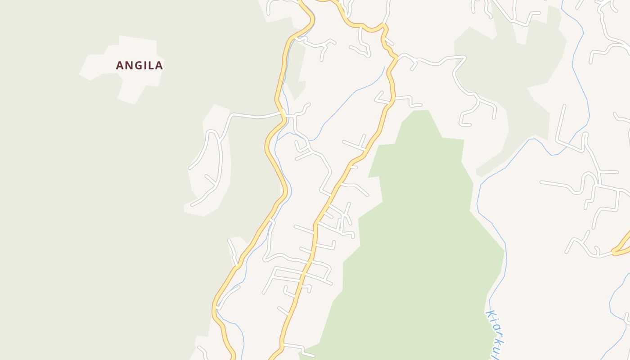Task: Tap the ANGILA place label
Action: click(x=139, y=66)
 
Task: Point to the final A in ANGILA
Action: click(x=158, y=66)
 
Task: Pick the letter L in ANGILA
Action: click(x=151, y=66)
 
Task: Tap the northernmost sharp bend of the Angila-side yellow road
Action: click(x=310, y=18)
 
